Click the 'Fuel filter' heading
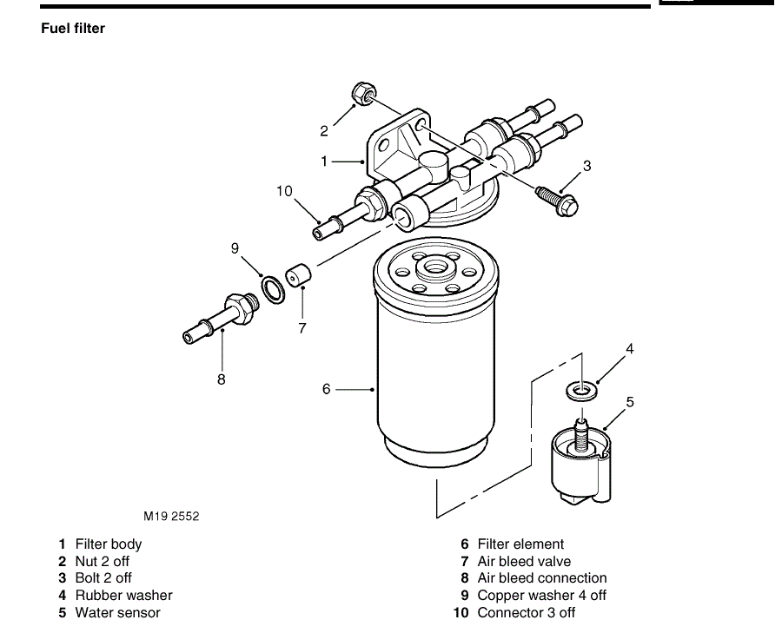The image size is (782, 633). [x=73, y=29]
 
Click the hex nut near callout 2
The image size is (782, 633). [x=364, y=93]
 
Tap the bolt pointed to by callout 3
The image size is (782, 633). [x=557, y=200]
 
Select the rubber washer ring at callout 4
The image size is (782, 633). [x=581, y=390]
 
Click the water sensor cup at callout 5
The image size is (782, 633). [x=581, y=466]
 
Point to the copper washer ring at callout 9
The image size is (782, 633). [x=273, y=289]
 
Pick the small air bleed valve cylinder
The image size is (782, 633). [x=298, y=275]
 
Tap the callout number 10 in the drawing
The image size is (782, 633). [x=284, y=191]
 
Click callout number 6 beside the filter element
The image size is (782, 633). [x=326, y=389]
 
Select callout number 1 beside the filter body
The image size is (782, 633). [x=324, y=162]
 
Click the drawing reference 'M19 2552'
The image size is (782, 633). [x=171, y=517]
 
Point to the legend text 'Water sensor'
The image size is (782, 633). [x=117, y=612]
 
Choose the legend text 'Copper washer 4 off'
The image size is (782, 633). [x=541, y=595]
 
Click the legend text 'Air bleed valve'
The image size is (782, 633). [x=524, y=561]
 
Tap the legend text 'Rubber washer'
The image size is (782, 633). [x=123, y=595]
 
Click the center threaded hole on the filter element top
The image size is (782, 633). [x=435, y=269]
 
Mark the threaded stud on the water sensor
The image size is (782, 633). [x=582, y=435]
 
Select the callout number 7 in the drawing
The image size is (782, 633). [x=302, y=328]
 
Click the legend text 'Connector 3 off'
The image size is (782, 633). [x=527, y=612]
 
